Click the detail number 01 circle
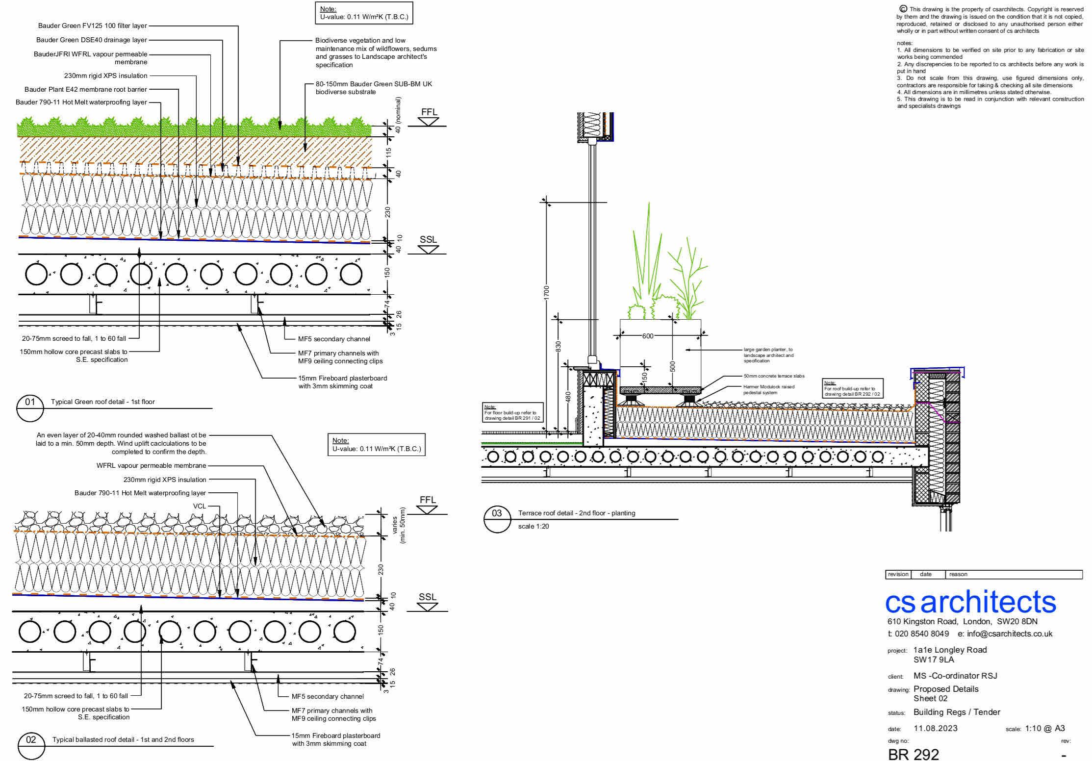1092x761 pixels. click(30, 408)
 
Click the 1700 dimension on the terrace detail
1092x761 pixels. click(547, 292)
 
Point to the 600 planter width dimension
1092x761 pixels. click(647, 336)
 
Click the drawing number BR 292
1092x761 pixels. click(913, 753)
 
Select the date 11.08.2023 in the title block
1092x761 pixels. click(935, 728)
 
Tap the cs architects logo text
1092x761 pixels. click(970, 602)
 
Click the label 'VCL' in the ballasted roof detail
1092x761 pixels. click(200, 506)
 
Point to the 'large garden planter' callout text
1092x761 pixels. click(768, 355)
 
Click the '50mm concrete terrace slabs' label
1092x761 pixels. click(774, 376)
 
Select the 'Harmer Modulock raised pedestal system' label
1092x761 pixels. click(768, 389)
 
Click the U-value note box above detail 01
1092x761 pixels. click(363, 13)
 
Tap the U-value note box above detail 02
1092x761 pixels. click(376, 445)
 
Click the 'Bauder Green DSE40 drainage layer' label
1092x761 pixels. click(92, 40)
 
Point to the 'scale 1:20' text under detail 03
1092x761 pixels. click(533, 527)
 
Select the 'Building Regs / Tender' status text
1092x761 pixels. click(957, 712)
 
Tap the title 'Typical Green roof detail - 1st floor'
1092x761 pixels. click(102, 402)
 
